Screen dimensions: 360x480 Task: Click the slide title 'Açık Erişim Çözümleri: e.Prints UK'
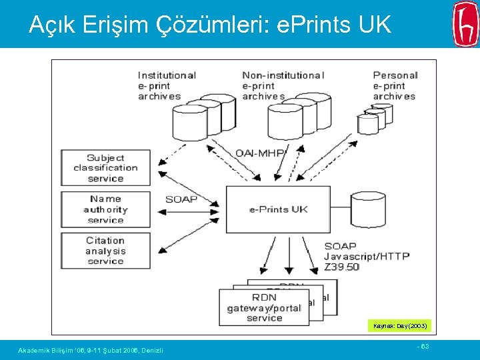[x=209, y=25]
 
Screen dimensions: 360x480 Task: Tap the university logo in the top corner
[x=465, y=23]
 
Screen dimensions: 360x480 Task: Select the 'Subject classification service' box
[x=105, y=168]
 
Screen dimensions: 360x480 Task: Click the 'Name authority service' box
[x=105, y=209]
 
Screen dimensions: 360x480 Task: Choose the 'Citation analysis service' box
[x=105, y=251]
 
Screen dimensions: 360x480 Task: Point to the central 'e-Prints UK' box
[x=278, y=209]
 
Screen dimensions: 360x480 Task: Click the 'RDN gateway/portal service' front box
[x=264, y=307]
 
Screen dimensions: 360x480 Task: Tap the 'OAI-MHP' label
[x=260, y=153]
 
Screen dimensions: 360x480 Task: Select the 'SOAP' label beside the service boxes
[x=181, y=199]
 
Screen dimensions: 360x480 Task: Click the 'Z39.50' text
[x=341, y=267]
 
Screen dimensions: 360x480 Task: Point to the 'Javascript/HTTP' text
[x=367, y=256]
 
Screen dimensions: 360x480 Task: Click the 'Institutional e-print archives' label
[x=166, y=85]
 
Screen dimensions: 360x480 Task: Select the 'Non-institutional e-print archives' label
[x=283, y=85]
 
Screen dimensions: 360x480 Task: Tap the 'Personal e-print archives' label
[x=395, y=85]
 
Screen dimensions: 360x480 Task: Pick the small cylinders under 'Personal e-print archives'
[x=375, y=119]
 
